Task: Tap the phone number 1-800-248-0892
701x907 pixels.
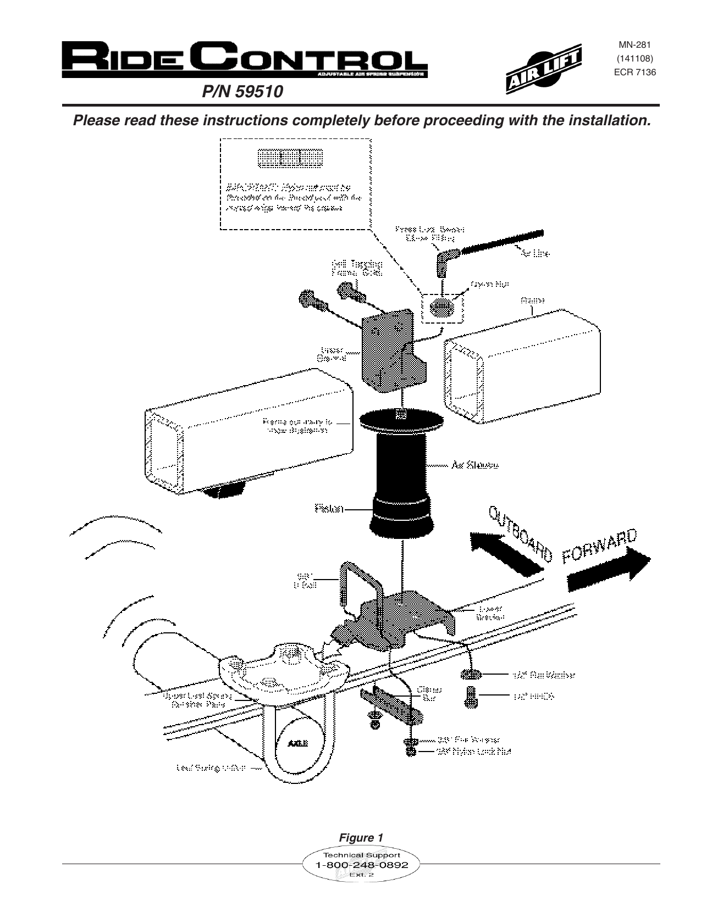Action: [x=361, y=865]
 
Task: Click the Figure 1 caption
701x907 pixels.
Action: [x=361, y=838]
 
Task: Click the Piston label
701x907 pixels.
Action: [x=329, y=509]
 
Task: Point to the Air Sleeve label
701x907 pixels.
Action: [x=474, y=465]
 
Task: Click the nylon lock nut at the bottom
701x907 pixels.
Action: [x=410, y=751]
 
